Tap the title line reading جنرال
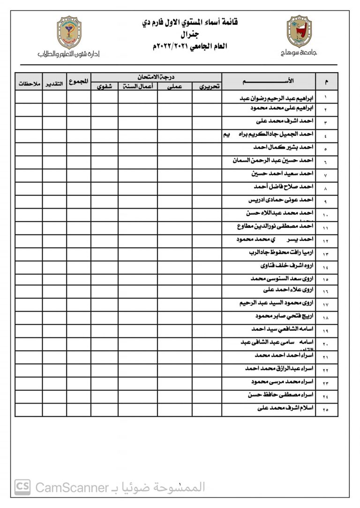pos(189,35)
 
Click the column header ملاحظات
pos(29,84)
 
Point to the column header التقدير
pos(54,84)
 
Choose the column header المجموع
pos(78,81)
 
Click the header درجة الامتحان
pos(156,76)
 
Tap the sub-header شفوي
pos(104,86)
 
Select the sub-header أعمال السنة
pos(137,86)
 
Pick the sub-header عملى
pos(174,86)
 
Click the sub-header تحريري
pos(206,86)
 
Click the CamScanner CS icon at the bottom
pos(22,487)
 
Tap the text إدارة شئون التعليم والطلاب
pos(69,54)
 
